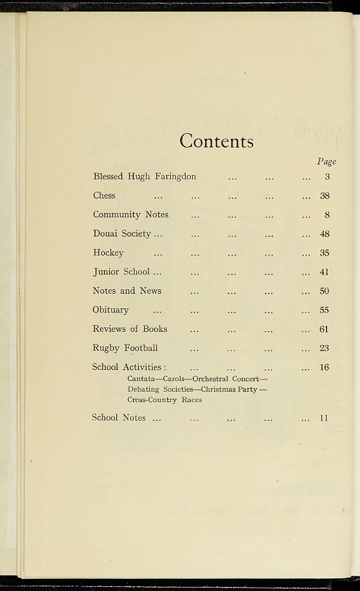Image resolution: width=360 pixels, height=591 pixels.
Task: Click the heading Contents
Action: [216, 141]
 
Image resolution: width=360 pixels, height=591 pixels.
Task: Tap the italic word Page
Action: [326, 162]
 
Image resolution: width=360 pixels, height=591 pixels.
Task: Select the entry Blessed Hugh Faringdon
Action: [145, 177]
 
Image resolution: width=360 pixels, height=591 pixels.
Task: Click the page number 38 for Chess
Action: [325, 196]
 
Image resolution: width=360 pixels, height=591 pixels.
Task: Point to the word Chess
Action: [104, 196]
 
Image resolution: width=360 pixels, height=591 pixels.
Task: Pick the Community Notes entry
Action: [131, 215]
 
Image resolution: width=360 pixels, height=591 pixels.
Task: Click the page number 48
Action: [325, 234]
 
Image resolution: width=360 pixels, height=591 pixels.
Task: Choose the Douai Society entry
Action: [122, 234]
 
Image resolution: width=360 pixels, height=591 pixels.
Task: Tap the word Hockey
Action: [108, 253]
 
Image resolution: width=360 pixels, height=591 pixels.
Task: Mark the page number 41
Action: [324, 272]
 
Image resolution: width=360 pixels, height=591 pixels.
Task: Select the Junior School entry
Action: [122, 272]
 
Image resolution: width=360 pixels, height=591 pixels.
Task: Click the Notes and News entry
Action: [127, 291]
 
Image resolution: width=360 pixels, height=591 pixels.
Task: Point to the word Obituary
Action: [111, 310]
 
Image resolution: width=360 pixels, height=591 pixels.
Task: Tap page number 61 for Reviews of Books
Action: [324, 329]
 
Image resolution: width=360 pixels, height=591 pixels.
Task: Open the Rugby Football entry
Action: [125, 348]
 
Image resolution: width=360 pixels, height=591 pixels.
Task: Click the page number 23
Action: [324, 348]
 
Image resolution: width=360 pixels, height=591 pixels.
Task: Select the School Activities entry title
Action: [129, 367]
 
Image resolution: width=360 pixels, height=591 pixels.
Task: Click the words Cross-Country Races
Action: [164, 399]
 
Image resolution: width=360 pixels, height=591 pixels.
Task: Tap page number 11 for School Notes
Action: [324, 418]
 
